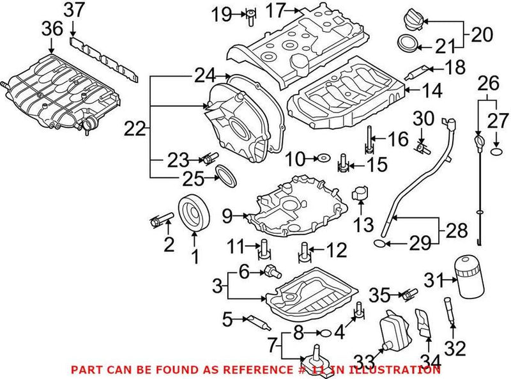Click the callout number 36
[52, 29]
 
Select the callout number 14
[431, 91]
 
